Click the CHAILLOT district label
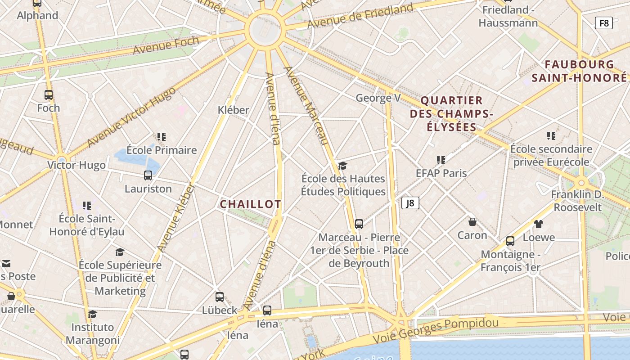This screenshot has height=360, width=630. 250,204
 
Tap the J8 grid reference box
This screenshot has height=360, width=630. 410,203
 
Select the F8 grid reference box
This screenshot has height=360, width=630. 603,22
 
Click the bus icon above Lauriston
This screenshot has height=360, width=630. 148,175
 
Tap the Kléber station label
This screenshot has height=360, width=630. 233,110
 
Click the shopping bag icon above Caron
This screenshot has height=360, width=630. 472,222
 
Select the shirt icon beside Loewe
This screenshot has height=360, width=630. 538,224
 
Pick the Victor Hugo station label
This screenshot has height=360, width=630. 76,165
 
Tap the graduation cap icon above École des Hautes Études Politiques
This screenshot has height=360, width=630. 343,166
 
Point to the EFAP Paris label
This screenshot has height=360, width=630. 441,173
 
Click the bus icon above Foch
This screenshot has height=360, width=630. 49,95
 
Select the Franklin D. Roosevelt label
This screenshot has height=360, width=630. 577,201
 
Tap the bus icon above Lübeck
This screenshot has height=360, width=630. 220,297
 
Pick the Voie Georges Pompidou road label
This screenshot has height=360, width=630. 436,329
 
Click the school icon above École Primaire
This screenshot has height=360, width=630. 162,136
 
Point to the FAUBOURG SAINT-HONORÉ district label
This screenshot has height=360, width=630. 579,71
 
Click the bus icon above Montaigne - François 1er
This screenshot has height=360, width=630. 510,241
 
